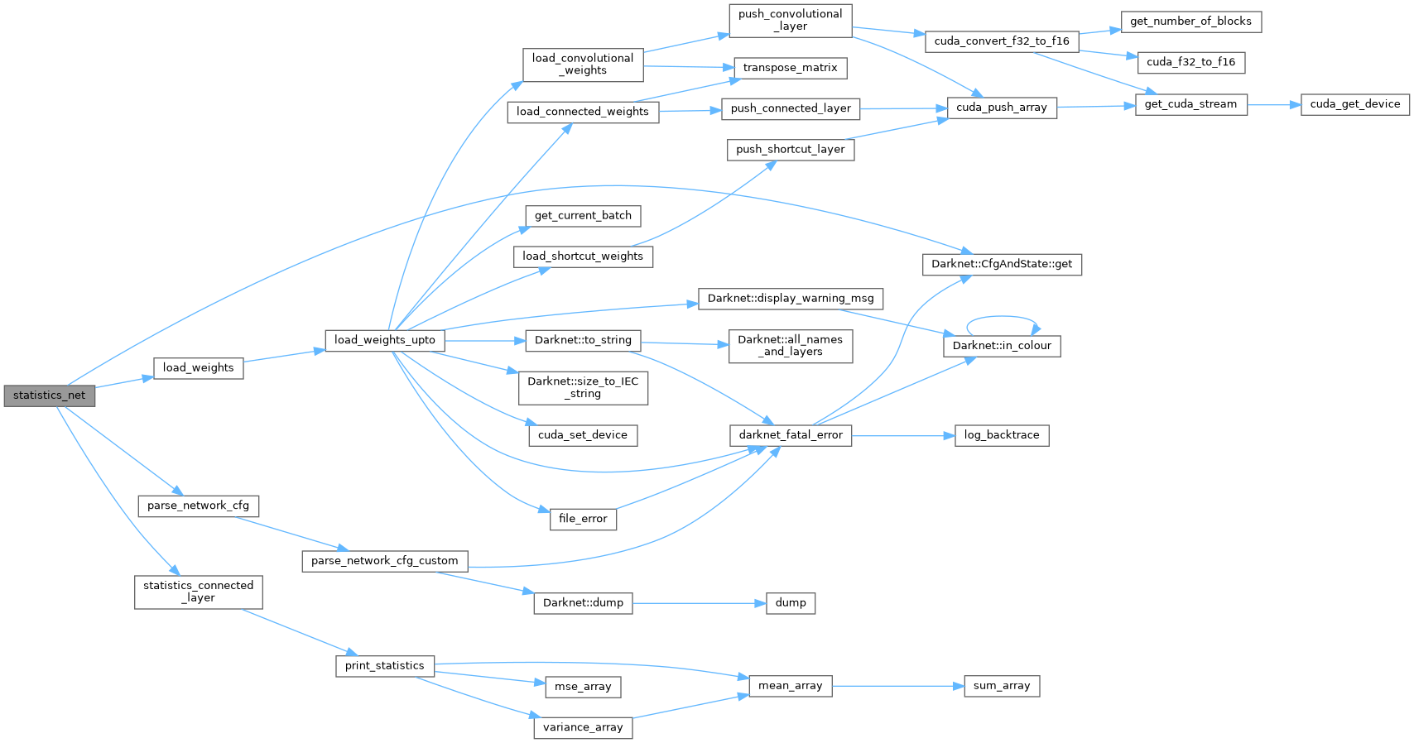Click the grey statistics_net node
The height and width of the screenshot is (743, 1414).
pos(49,395)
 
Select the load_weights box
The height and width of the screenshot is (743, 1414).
pos(198,368)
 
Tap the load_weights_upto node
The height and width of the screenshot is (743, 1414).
pos(384,340)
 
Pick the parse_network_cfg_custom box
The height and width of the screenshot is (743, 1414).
pos(384,561)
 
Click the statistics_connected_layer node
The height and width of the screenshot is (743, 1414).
pos(198,592)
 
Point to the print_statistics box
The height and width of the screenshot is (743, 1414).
pos(384,666)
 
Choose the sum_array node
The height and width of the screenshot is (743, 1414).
pos(1001,686)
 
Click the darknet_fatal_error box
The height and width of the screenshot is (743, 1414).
pos(790,435)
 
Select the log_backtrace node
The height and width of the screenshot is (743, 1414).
pos(1001,435)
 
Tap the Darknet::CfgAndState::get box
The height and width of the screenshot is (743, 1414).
pos(1001,265)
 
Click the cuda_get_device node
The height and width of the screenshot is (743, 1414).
pos(1354,104)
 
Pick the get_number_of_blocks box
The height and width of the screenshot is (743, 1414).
pos(1190,22)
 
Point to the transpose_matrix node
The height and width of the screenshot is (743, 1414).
pos(790,68)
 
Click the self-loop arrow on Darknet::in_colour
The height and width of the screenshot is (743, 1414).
pos(1002,317)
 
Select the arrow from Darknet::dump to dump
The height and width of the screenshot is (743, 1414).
pos(699,603)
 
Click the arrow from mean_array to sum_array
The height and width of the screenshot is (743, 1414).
pos(897,686)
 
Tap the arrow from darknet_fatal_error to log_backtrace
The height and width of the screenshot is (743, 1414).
pos(902,435)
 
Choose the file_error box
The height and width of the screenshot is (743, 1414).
pos(583,519)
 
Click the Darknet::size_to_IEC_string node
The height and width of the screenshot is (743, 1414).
pos(583,387)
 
